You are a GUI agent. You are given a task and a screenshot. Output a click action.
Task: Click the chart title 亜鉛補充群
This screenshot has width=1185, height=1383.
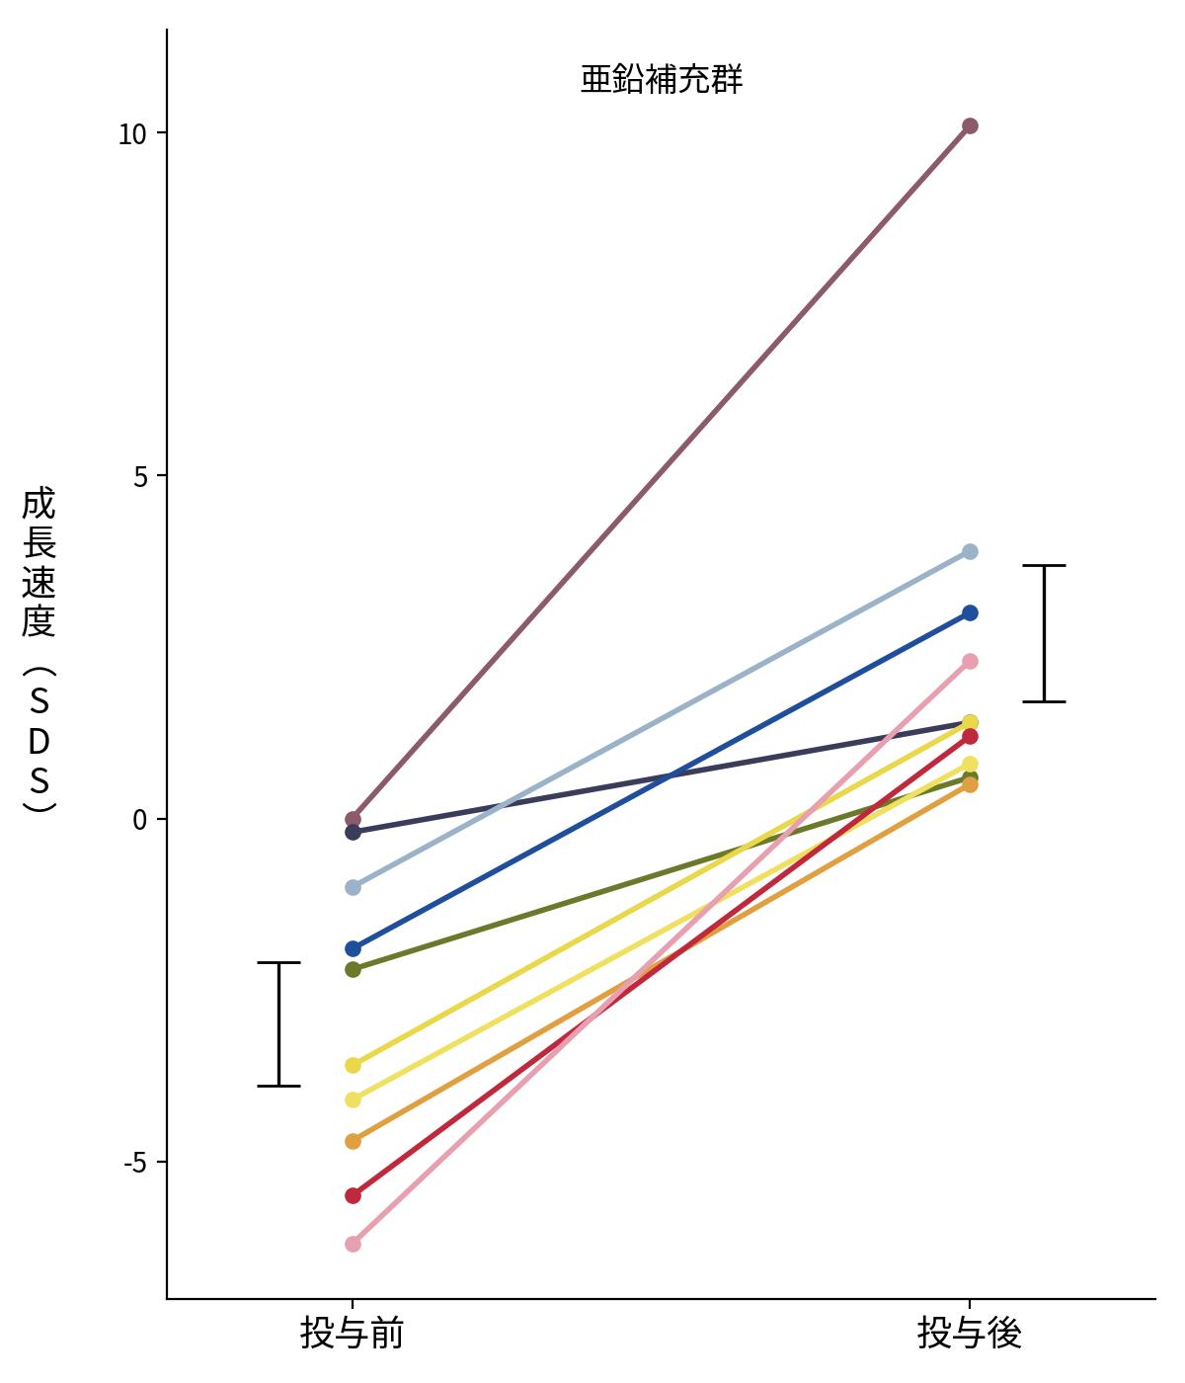(661, 79)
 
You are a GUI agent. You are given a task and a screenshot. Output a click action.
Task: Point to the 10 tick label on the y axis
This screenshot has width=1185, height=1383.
(131, 134)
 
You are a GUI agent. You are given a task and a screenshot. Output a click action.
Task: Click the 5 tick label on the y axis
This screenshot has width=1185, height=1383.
(140, 477)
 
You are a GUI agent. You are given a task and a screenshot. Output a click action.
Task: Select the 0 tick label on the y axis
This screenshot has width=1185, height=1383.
(140, 819)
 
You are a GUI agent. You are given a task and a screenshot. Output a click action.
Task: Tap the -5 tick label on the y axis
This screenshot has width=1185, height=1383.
(134, 1163)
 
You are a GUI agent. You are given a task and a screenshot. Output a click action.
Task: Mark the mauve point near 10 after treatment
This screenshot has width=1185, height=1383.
(970, 125)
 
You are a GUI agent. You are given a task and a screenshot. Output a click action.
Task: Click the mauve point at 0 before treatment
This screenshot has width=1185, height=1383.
(353, 819)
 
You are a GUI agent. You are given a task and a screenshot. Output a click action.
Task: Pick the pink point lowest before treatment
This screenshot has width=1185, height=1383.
(353, 1244)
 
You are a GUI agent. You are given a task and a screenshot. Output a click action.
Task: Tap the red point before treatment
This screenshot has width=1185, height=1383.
(353, 1195)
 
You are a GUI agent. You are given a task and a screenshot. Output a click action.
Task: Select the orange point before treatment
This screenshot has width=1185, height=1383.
(353, 1141)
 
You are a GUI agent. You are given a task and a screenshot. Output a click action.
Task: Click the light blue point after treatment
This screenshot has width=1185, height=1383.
(970, 551)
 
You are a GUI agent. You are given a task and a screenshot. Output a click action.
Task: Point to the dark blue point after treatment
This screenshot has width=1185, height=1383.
(970, 612)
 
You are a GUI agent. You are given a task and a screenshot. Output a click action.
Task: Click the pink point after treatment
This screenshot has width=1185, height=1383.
(970, 661)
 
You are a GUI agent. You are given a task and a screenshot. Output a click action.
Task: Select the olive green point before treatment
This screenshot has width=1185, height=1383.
(353, 969)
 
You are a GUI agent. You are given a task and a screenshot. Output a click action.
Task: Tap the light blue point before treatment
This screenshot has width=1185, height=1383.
(353, 887)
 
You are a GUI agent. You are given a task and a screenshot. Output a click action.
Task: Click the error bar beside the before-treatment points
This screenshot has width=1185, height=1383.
(278, 1023)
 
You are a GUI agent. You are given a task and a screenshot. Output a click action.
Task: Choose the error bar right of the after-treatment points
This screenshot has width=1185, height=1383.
(1044, 633)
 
